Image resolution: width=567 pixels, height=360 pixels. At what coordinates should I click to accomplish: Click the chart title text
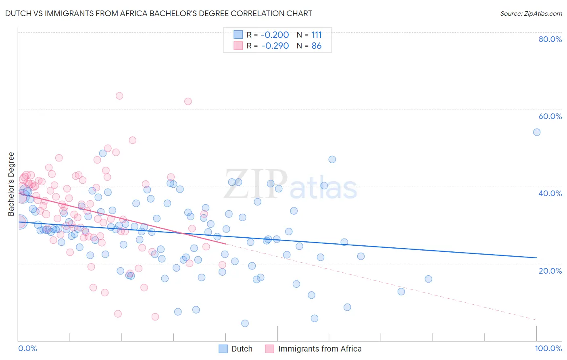158,13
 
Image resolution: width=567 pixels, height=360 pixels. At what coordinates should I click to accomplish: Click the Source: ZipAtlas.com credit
531,13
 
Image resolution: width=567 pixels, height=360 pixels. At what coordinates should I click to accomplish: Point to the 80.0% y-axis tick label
550,39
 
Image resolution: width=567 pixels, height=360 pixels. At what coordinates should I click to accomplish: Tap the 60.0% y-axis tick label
550,116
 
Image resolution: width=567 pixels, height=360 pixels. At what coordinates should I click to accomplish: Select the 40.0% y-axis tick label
550,193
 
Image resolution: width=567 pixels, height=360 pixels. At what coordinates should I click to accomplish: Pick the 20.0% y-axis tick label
550,270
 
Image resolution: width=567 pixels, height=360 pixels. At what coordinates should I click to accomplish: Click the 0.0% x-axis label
27,348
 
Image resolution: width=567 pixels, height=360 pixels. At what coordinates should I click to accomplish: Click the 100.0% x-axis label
548,348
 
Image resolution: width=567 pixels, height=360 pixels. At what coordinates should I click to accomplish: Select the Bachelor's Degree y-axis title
11,184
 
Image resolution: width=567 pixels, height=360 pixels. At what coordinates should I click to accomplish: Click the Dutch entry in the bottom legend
242,349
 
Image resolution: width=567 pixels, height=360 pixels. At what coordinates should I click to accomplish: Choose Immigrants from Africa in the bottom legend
319,349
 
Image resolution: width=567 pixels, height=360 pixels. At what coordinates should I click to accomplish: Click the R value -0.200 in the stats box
275,35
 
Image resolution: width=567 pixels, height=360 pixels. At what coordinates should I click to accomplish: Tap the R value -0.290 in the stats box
275,46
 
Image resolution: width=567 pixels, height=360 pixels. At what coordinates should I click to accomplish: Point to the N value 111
317,35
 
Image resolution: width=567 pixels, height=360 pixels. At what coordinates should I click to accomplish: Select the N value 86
317,46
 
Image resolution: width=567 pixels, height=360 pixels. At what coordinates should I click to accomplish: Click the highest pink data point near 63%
119,96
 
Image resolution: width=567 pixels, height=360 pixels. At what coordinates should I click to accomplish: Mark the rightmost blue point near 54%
537,132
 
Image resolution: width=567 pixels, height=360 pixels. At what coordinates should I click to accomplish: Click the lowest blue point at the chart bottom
245,323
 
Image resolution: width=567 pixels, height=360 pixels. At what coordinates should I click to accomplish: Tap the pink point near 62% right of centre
188,101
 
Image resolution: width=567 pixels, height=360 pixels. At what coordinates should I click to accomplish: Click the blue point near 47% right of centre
332,159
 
